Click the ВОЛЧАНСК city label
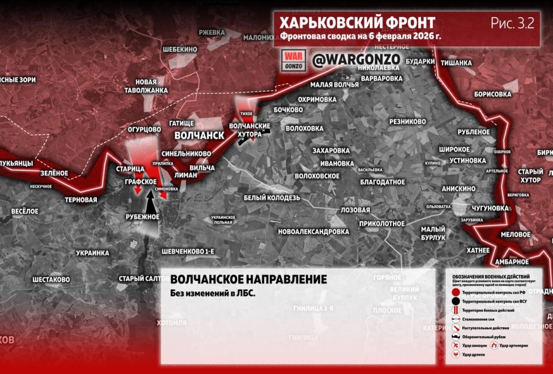[x=199, y=135]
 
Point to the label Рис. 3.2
[x=512, y=23]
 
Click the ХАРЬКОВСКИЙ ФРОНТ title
[x=357, y=22]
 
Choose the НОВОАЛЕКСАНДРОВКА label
[x=313, y=231]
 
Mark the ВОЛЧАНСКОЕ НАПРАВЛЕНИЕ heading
[x=248, y=280]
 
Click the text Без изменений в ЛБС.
[x=213, y=293]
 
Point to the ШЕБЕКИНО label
[x=172, y=49]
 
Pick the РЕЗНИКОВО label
[x=407, y=121]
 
